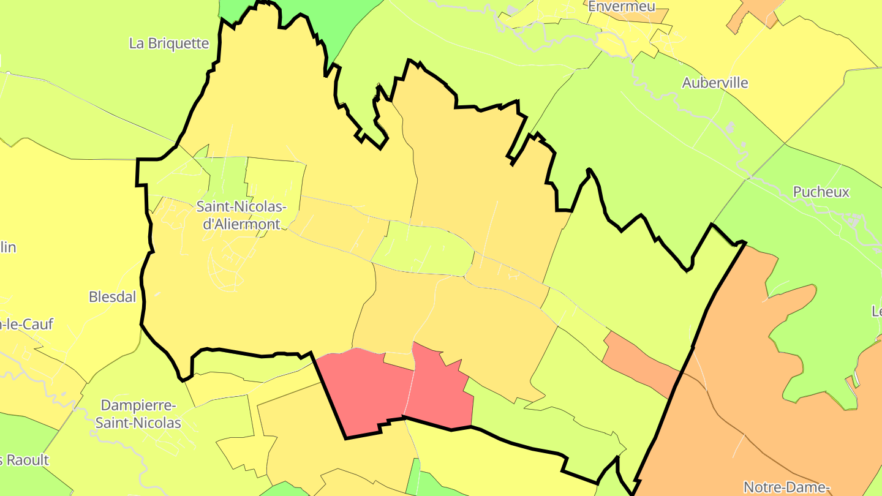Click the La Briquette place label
point(169,43)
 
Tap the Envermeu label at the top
point(621,6)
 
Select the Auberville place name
point(715,83)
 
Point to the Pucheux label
point(821,192)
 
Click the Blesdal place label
point(112,297)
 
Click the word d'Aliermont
point(241,224)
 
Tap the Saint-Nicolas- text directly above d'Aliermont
point(241,206)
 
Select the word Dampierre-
point(138,405)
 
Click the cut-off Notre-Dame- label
point(786,487)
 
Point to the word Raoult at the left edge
point(26,460)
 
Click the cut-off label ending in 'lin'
point(8,247)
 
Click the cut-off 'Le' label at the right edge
point(876,311)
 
